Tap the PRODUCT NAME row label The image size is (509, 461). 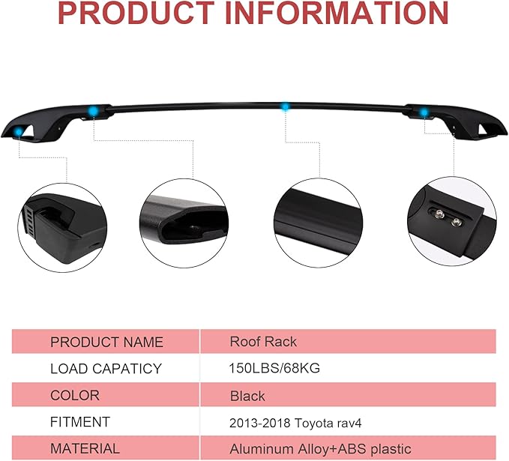(x=106, y=342)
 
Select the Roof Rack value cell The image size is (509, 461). (x=263, y=342)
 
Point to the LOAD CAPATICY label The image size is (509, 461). (x=106, y=369)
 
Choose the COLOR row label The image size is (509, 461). (x=74, y=395)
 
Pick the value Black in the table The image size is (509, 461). (x=247, y=395)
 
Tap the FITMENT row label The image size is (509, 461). (x=80, y=422)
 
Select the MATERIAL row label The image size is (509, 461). (x=85, y=449)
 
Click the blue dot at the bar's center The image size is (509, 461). (x=285, y=107)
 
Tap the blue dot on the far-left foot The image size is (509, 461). (x=16, y=133)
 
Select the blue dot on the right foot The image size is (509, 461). (x=424, y=112)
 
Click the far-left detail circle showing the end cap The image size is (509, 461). (x=61, y=222)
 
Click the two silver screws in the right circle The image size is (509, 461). (x=447, y=217)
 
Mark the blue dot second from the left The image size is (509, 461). (x=93, y=111)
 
